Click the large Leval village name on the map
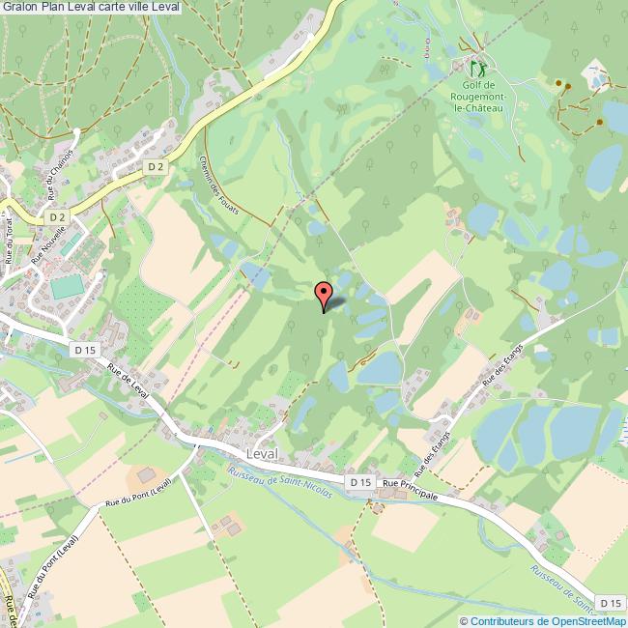[263, 453]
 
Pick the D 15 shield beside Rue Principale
[360, 481]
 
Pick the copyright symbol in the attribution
[464, 621]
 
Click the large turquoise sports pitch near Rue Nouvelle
[67, 287]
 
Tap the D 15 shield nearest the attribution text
[609, 603]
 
